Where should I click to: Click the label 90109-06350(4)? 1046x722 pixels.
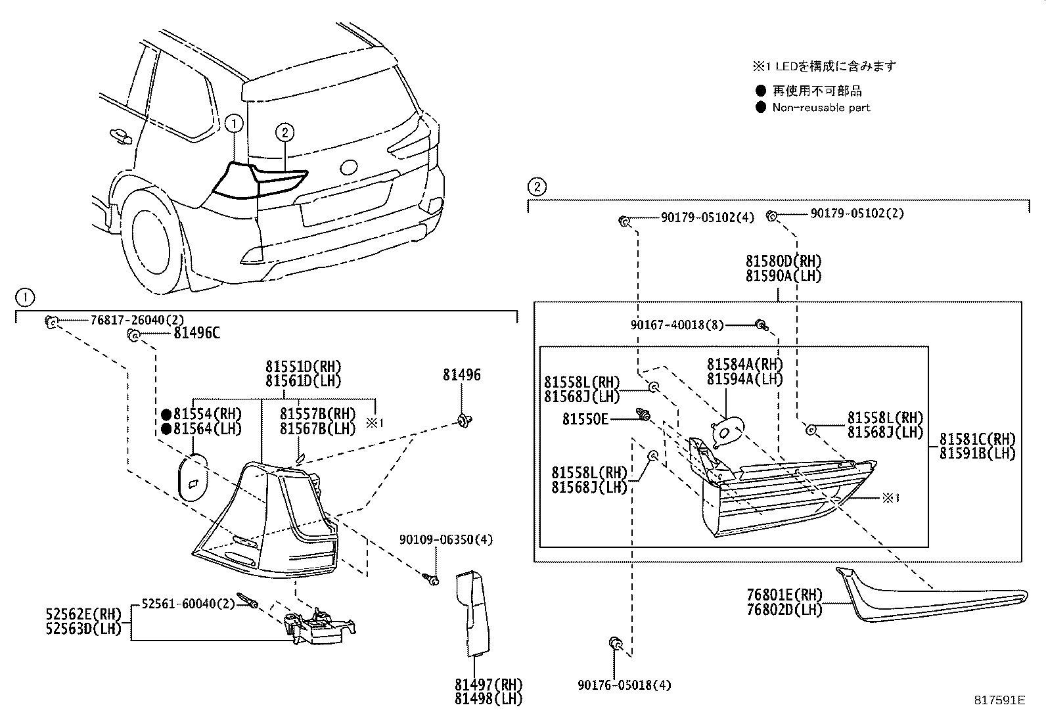pyautogui.click(x=445, y=539)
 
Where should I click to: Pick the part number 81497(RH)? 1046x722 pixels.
pyautogui.click(x=488, y=685)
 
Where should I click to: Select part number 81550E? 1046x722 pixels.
pyautogui.click(x=585, y=418)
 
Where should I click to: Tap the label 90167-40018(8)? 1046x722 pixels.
pyautogui.click(x=677, y=325)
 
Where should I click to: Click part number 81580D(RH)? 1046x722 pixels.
pyautogui.click(x=783, y=261)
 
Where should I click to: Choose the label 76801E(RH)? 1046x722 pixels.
pyautogui.click(x=784, y=595)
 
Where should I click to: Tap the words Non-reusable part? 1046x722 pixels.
pyautogui.click(x=821, y=108)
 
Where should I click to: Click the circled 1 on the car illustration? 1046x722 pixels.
pyautogui.click(x=233, y=122)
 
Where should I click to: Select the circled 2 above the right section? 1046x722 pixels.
pyautogui.click(x=537, y=187)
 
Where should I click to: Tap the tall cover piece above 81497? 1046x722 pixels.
pyautogui.click(x=473, y=614)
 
